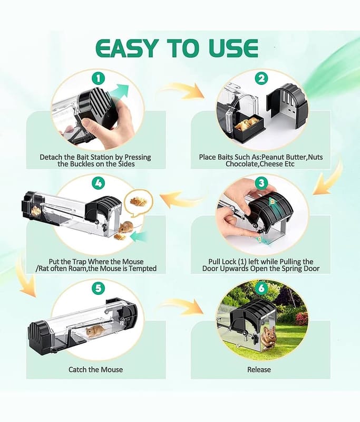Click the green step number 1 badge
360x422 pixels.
98,78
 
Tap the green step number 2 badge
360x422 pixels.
261,78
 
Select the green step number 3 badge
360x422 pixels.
261,183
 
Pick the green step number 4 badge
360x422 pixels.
98,183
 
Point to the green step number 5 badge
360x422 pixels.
98,288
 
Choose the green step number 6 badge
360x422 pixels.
261,288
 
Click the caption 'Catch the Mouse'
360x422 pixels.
96,370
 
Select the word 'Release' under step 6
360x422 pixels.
259,370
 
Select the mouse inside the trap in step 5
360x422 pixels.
95,331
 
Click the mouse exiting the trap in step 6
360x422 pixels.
269,338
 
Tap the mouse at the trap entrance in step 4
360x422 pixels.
125,227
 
